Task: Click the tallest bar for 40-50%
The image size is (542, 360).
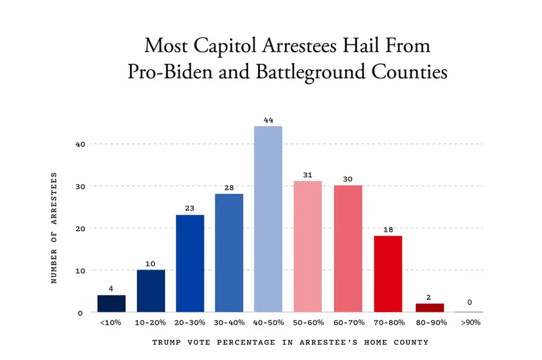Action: click(x=268, y=219)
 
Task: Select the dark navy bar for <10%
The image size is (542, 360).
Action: click(x=111, y=304)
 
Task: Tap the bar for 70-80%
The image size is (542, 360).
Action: click(x=388, y=274)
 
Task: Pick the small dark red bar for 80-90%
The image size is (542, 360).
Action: click(x=430, y=308)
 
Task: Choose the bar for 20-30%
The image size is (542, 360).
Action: click(x=189, y=263)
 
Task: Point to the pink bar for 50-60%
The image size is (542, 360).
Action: click(x=308, y=246)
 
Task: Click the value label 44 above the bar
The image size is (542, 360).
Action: click(x=268, y=120)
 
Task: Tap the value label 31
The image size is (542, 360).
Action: click(x=308, y=175)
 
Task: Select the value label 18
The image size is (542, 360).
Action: click(x=388, y=230)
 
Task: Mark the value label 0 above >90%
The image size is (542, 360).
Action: click(x=469, y=302)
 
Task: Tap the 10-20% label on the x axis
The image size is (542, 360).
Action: click(x=150, y=322)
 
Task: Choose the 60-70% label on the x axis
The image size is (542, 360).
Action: click(x=348, y=322)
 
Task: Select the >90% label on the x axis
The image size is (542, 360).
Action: click(x=469, y=322)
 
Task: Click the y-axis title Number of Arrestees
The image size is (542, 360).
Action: click(x=54, y=228)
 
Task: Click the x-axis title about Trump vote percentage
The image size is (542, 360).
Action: click(x=290, y=342)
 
